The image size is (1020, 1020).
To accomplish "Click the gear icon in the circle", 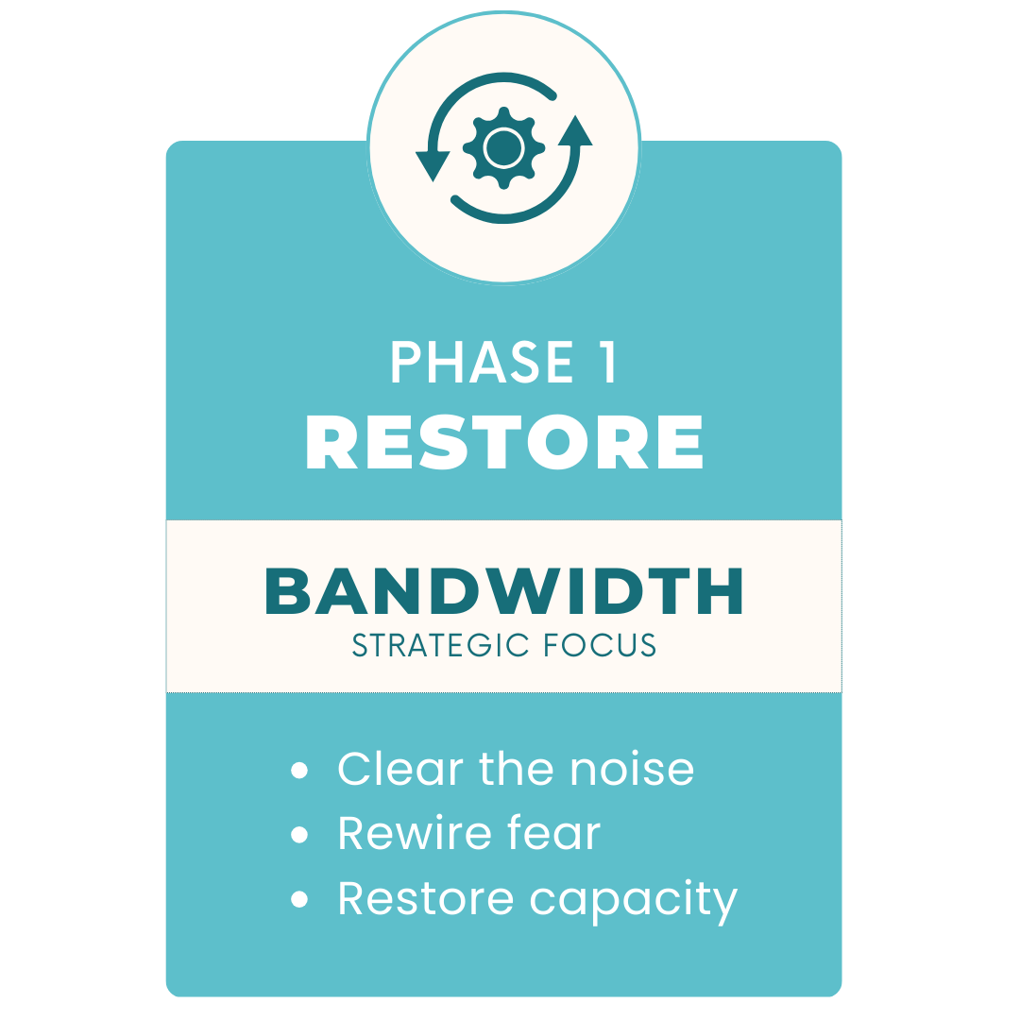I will [503, 146].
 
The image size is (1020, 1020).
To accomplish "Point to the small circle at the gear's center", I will [503, 146].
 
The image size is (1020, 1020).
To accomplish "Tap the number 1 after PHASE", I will [605, 363].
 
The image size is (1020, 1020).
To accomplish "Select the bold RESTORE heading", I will [504, 442].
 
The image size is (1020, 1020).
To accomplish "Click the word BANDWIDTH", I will [504, 592].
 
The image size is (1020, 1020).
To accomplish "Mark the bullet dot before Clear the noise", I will [299, 772].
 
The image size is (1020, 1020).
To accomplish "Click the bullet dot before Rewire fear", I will [299, 836].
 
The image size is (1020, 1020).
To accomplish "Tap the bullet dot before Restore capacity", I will [299, 900].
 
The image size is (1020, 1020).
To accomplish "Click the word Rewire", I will [414, 833].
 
